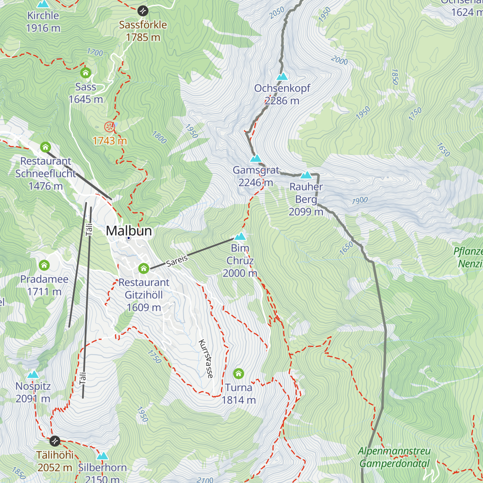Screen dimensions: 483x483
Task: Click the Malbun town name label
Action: click(129, 231)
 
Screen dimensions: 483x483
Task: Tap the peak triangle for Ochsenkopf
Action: click(282, 76)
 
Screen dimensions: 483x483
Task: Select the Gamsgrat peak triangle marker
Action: click(256, 159)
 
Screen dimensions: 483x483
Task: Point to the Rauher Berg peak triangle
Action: click(306, 175)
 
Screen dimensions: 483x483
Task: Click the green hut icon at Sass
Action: click(85, 73)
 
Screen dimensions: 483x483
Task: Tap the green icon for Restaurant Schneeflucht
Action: click(45, 147)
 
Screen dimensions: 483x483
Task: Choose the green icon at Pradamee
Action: click(44, 265)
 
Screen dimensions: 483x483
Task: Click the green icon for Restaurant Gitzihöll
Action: click(144, 268)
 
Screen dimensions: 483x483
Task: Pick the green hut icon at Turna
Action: click(238, 374)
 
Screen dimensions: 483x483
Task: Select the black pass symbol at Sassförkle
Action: click(143, 10)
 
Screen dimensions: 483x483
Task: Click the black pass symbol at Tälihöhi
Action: click(55, 441)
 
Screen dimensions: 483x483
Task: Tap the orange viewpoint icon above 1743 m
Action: click(109, 127)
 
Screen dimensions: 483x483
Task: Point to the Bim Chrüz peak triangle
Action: click(240, 236)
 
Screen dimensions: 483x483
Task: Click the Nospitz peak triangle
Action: click(33, 375)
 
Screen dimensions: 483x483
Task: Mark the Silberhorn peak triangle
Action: click(103, 456)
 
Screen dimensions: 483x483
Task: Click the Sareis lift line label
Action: click(177, 261)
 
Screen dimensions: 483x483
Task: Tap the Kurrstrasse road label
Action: click(206, 359)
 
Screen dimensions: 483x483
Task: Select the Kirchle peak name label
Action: click(43, 16)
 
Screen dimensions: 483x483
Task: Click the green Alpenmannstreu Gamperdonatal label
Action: click(394, 457)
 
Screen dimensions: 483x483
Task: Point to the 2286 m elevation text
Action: click(282, 101)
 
